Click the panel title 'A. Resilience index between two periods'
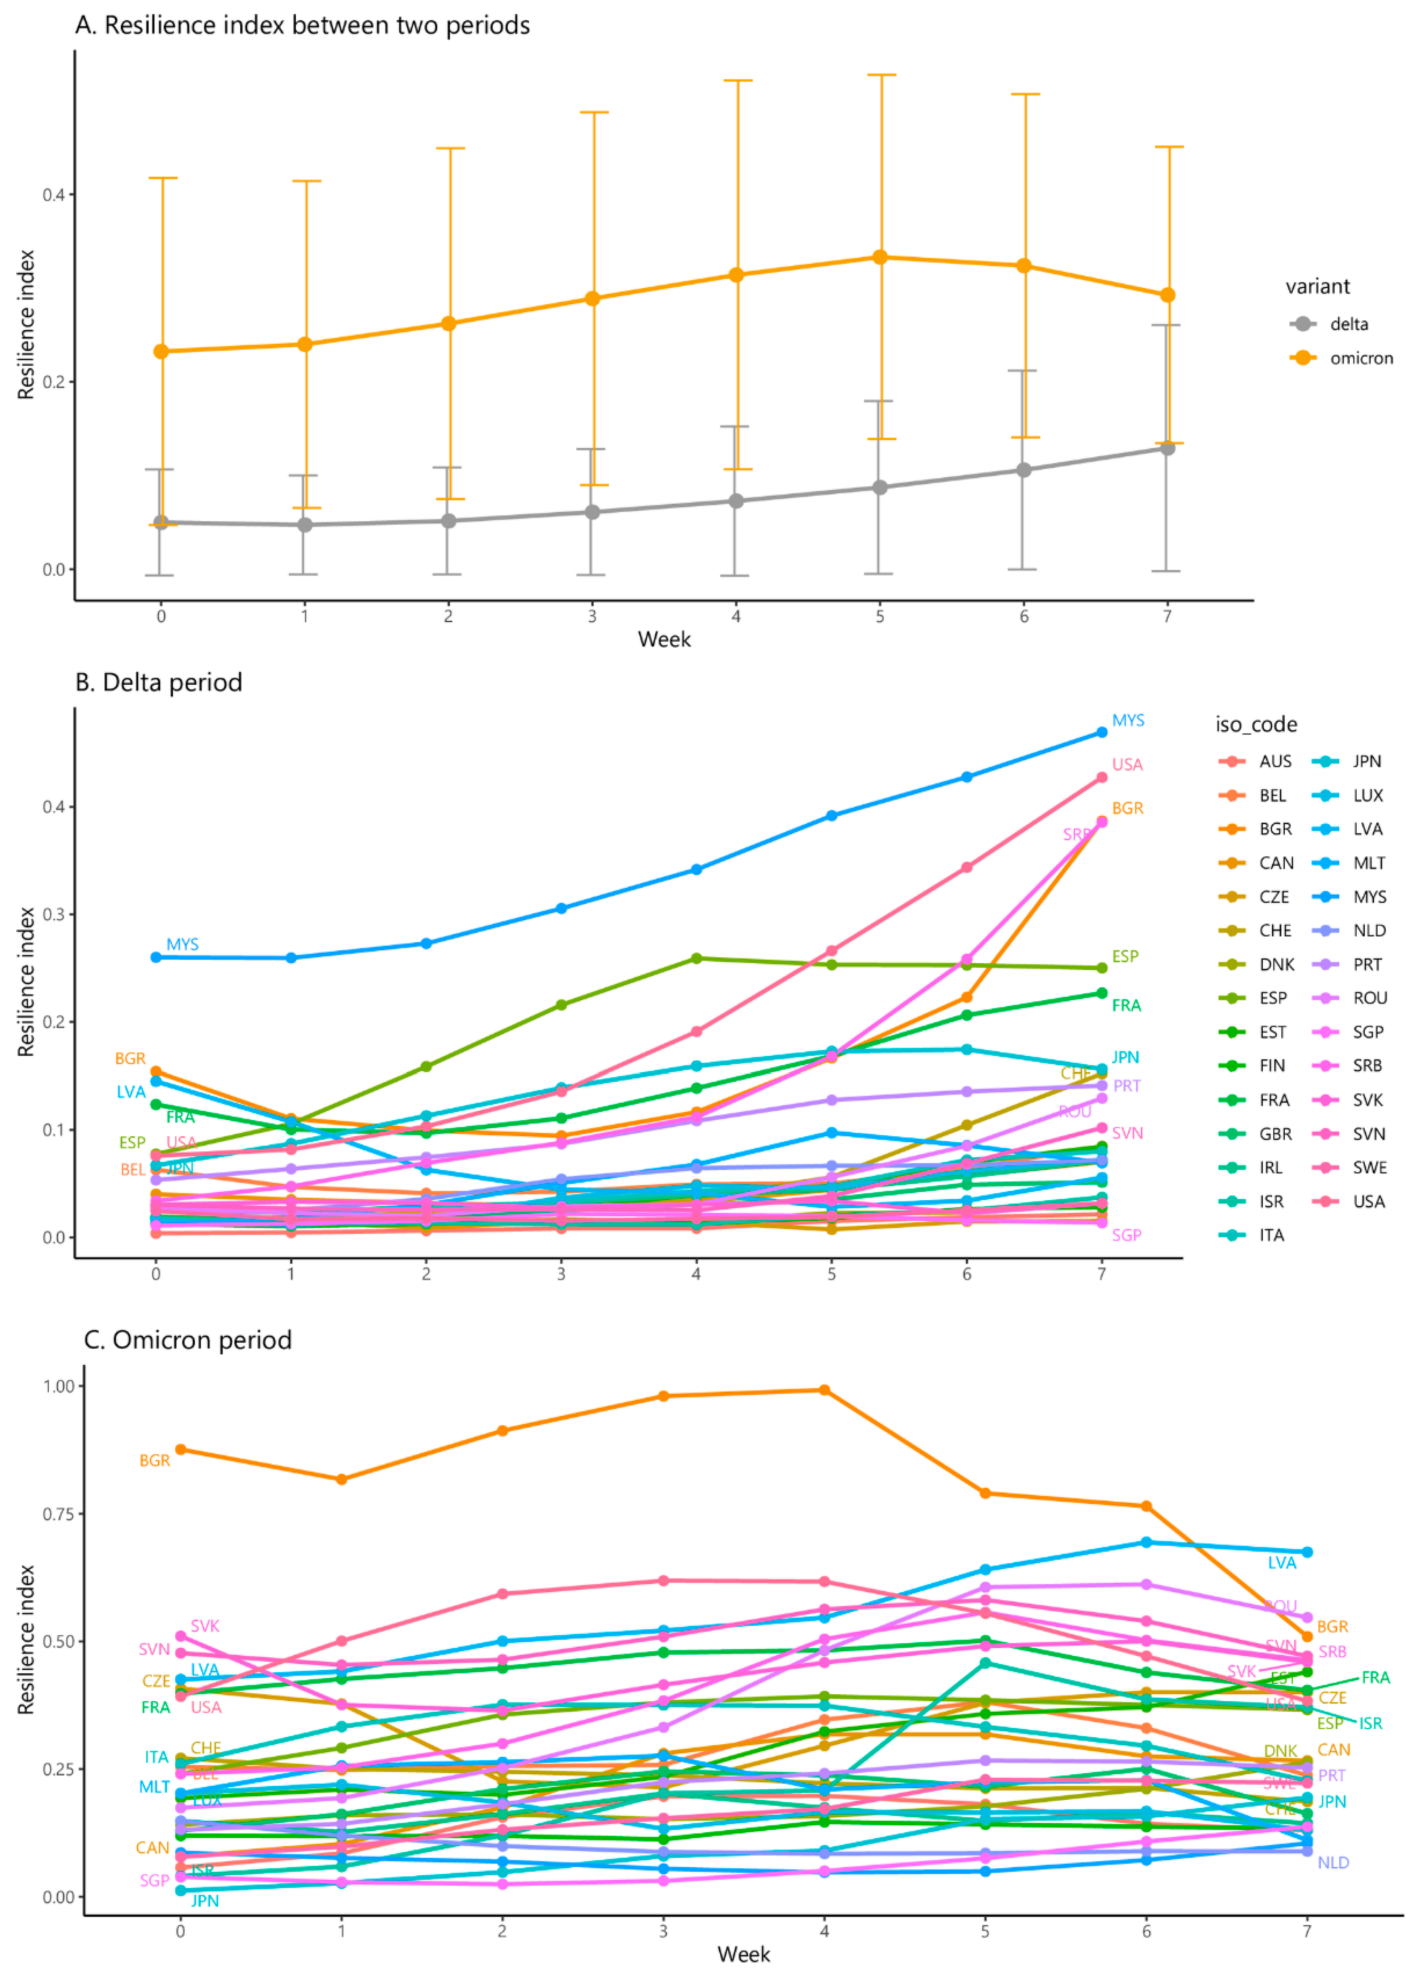point(302,25)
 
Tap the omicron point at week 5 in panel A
point(880,257)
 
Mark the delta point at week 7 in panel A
point(1168,448)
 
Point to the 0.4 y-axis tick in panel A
point(54,194)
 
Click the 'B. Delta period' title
point(159,682)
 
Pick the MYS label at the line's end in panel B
point(1128,721)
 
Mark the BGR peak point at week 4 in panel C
point(824,1390)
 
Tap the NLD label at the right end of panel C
point(1332,1863)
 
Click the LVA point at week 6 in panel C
point(1146,1542)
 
